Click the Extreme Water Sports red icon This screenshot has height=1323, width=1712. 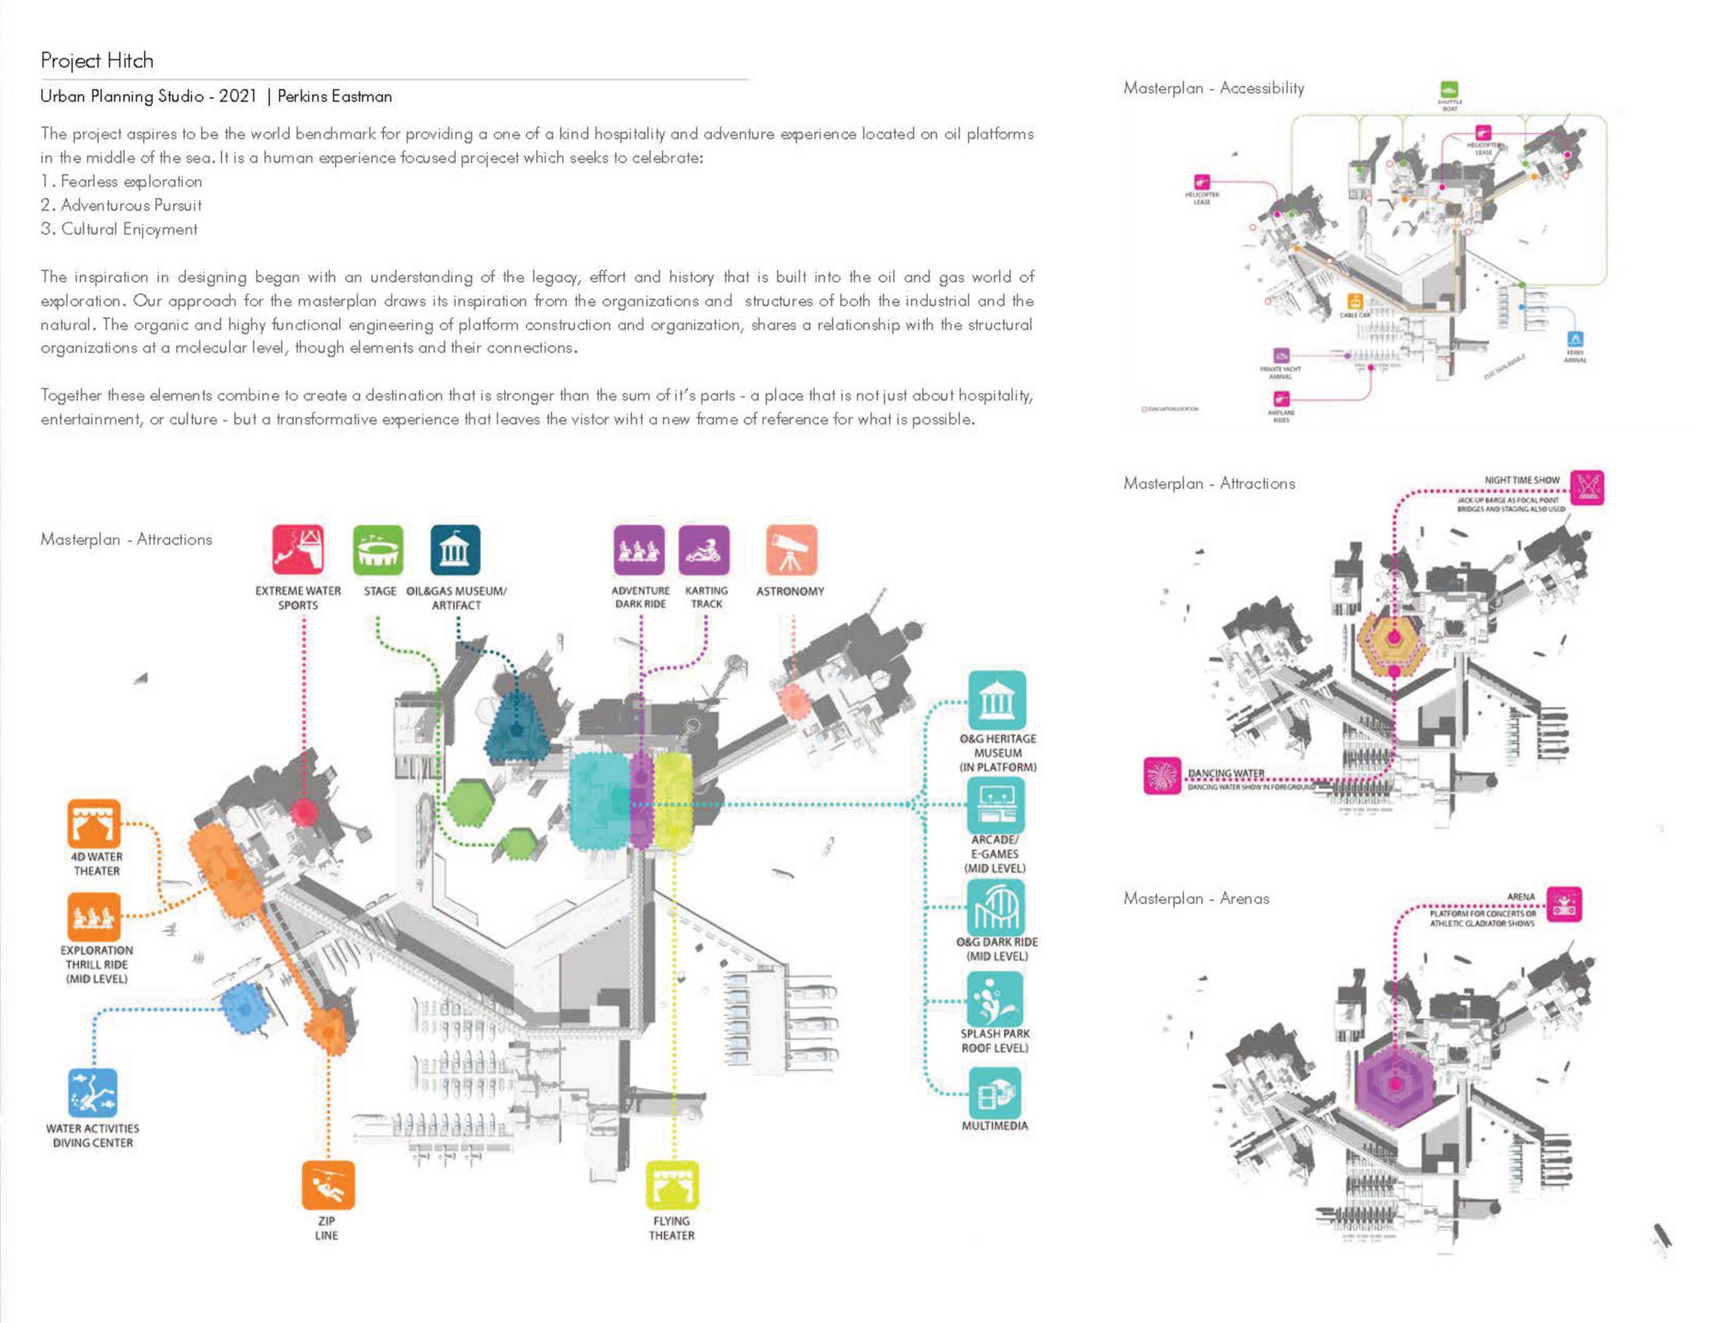(298, 549)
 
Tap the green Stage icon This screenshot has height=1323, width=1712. (379, 549)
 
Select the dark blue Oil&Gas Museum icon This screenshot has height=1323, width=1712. (455, 549)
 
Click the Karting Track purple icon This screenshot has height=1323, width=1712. (704, 549)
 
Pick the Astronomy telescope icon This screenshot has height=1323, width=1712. (792, 549)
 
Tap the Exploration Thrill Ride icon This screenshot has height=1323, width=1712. (94, 917)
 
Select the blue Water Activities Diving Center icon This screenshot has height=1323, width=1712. (92, 1093)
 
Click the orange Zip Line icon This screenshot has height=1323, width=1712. (328, 1185)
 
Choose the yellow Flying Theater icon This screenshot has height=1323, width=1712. (672, 1185)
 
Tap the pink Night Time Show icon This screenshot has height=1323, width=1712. (1588, 488)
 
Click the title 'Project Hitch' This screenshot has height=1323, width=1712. (97, 60)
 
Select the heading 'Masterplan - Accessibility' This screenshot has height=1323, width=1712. (1213, 88)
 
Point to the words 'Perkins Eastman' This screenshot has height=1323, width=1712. (335, 97)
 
